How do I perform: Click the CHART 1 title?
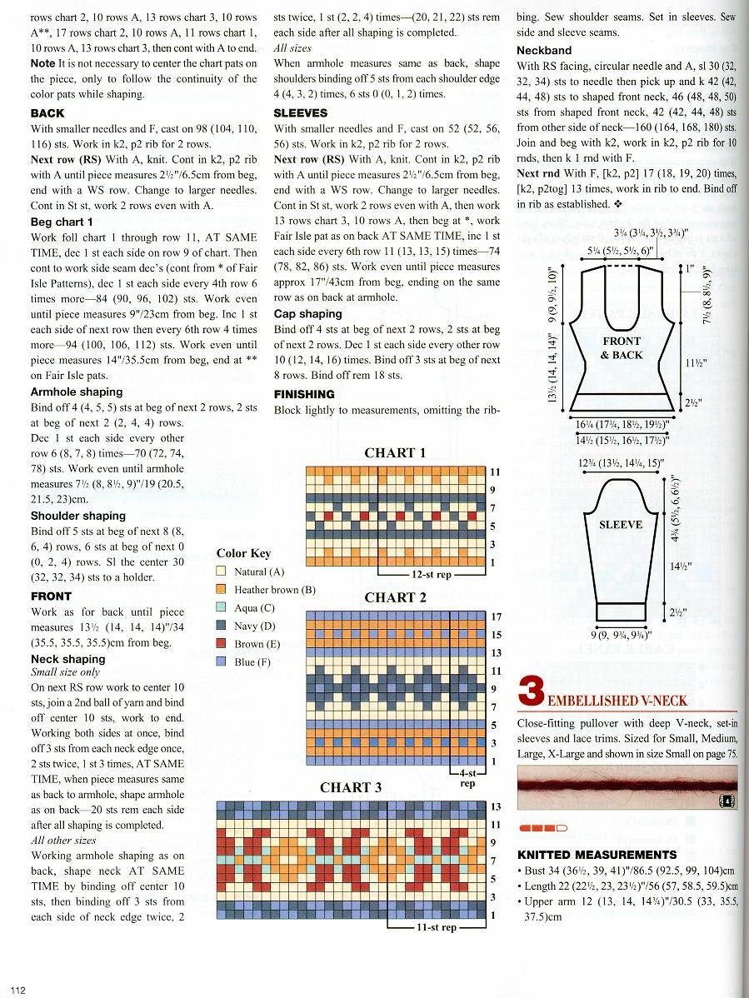(x=395, y=453)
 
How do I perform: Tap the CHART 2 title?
(x=395, y=597)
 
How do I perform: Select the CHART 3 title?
(x=351, y=787)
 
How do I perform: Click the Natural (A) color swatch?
(x=222, y=571)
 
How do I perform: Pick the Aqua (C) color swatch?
(x=222, y=608)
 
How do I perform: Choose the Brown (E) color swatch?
(x=222, y=644)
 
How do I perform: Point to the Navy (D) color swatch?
(x=222, y=626)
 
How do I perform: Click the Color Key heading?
(x=243, y=553)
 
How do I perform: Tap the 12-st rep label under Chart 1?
(x=432, y=575)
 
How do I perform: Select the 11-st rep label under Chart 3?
(x=437, y=927)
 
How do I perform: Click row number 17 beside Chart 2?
(x=496, y=617)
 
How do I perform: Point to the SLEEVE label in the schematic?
(x=621, y=525)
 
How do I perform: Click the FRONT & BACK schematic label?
(x=622, y=348)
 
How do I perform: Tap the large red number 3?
(x=531, y=693)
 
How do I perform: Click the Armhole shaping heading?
(x=77, y=392)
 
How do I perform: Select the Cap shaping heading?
(x=307, y=314)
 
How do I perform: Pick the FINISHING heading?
(x=304, y=394)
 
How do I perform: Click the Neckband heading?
(x=544, y=50)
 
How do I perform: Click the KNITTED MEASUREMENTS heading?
(x=597, y=855)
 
